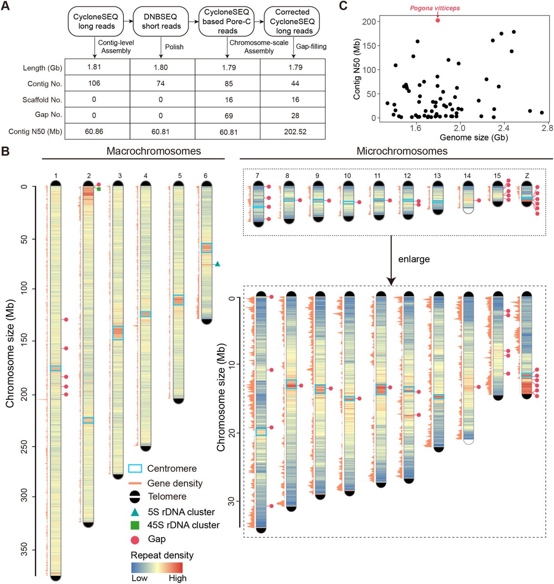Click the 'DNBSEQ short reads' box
coord(161,21)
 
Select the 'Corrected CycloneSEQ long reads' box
coord(292,21)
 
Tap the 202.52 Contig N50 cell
coord(295,131)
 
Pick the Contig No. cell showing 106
coord(94,83)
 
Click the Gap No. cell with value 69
coord(228,115)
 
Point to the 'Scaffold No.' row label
coord(42,99)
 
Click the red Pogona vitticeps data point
coord(437,20)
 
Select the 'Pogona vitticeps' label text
coord(435,8)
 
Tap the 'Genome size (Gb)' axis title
coord(473,137)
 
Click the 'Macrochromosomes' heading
coord(154,151)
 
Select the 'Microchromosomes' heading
coord(402,151)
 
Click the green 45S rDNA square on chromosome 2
coord(98,188)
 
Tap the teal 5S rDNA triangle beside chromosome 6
coord(217,264)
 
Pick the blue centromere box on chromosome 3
coord(118,333)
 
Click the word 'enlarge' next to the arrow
coord(414,259)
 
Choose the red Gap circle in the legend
coord(135,540)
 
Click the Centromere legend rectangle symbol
coord(135,469)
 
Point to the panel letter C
coord(343,5)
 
